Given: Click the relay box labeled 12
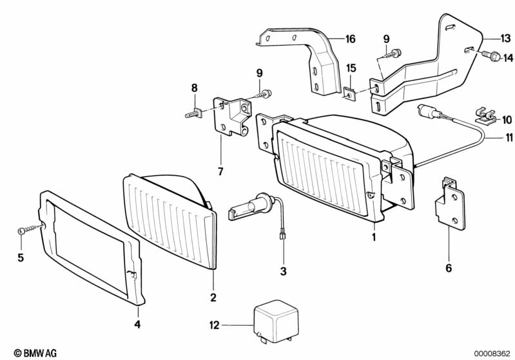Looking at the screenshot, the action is point(277,321).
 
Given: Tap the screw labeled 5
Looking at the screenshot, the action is point(30,229).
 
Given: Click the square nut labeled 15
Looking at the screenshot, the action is point(350,93).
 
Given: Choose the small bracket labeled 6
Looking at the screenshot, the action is point(450,204).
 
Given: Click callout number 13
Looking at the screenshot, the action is point(505,39).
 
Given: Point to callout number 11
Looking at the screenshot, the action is point(509,138).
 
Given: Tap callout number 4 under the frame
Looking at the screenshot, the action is point(137,324).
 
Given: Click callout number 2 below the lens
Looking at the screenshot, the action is point(213,298).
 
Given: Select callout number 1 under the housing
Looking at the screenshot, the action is point(374,236).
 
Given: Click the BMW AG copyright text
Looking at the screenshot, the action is point(35,353).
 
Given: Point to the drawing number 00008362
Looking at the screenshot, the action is point(492,354).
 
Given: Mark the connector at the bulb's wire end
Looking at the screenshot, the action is point(282,236).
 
